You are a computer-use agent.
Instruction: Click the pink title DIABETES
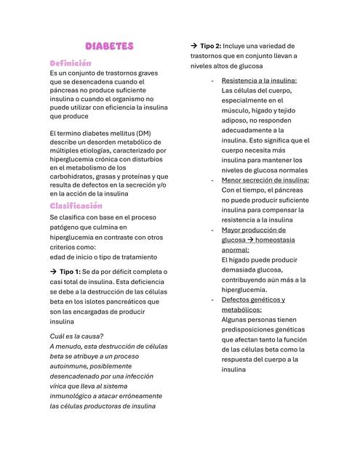click(x=109, y=46)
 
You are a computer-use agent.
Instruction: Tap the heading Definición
click(x=70, y=63)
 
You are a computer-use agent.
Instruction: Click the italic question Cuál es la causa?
click(x=76, y=336)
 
